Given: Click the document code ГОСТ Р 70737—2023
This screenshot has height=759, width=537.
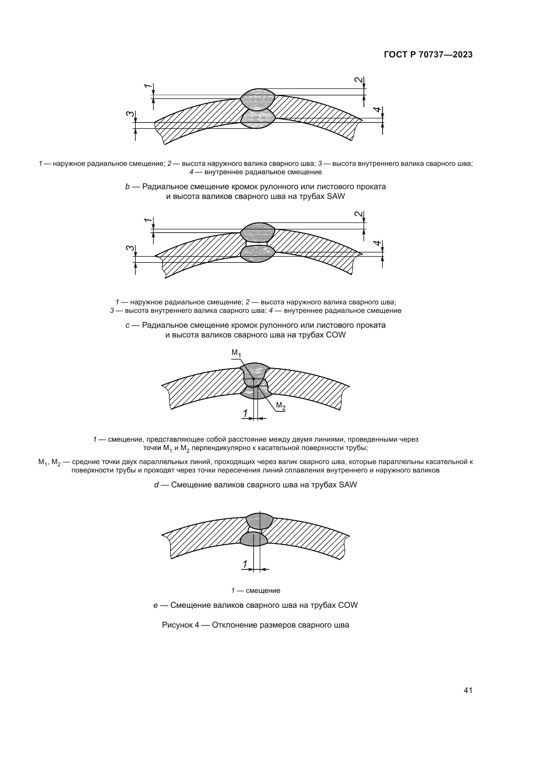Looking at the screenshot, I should pos(428,55).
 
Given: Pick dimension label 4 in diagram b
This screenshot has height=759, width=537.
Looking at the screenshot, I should pos(377,110).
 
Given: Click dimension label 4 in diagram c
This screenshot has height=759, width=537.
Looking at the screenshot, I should pos(377,243).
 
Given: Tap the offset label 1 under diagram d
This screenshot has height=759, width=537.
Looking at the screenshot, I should pos(245,413).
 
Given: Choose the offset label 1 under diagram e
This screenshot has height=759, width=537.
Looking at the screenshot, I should pos(245,564).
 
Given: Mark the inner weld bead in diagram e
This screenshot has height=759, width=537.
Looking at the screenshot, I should pos(254,539).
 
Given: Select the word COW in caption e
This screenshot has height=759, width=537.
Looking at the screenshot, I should pos(348,605).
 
